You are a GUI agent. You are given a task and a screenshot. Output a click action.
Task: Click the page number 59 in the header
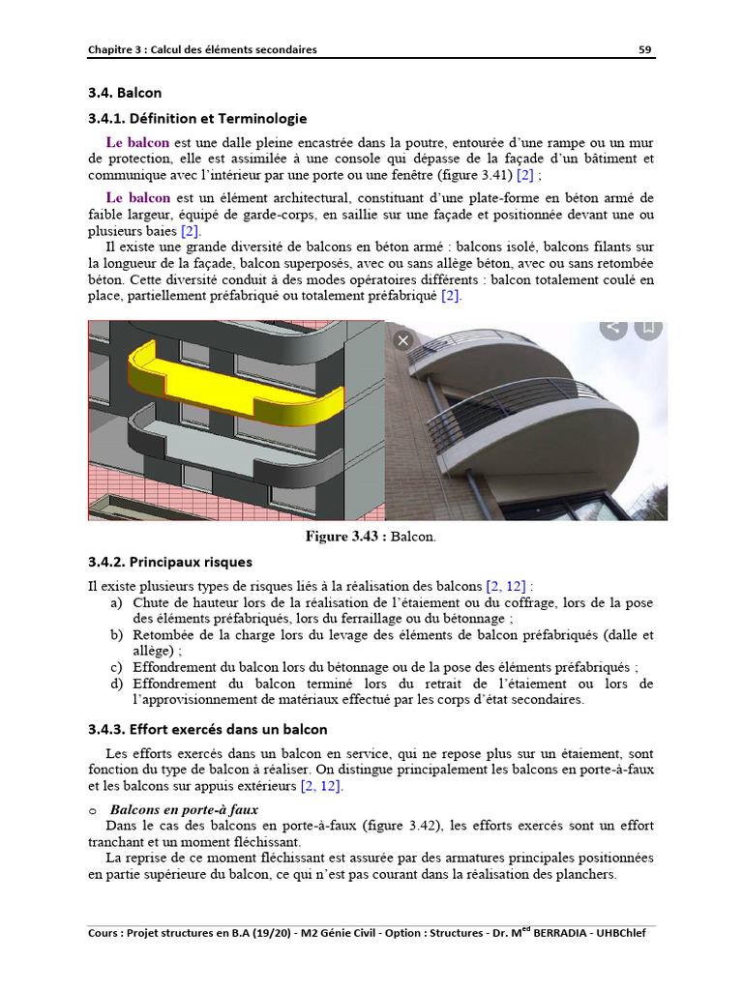(644, 49)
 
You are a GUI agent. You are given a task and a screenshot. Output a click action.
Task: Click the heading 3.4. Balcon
(125, 93)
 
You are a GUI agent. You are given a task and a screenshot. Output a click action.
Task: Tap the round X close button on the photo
(403, 339)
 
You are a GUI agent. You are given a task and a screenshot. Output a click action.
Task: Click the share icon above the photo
(612, 327)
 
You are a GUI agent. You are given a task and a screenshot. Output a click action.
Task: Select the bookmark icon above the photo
(648, 327)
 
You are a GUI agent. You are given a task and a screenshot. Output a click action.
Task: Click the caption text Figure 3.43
(345, 536)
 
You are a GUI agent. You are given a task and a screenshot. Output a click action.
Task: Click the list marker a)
(116, 603)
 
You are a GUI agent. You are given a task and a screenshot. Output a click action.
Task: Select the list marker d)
(116, 684)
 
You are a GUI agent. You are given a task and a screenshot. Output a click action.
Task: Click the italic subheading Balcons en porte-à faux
(184, 809)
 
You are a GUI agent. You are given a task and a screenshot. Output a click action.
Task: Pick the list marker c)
(116, 667)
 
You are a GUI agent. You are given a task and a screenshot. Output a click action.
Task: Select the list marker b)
(116, 635)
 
